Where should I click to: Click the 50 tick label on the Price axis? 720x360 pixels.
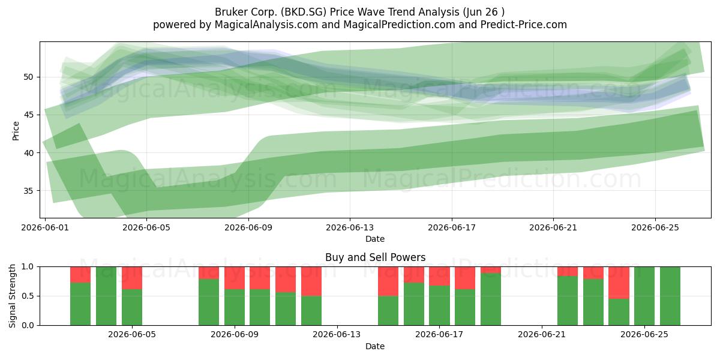[x=28, y=77]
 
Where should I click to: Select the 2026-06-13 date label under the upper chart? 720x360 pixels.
[x=350, y=228]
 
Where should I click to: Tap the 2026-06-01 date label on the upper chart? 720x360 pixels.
[x=45, y=228]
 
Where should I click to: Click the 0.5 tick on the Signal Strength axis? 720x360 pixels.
[x=28, y=296]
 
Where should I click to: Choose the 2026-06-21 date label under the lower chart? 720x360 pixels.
[x=542, y=335]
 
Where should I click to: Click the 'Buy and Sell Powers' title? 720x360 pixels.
[x=375, y=257]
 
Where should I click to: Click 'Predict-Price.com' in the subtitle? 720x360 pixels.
[x=524, y=25]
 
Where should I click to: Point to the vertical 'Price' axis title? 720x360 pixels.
[x=16, y=131]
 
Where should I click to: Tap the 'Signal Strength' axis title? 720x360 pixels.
[x=13, y=296]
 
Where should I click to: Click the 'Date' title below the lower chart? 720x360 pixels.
[x=375, y=346]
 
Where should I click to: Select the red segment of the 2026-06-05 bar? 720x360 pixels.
[x=132, y=278]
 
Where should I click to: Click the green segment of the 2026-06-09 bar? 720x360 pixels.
[x=235, y=307]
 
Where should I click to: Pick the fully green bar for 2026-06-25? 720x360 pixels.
[x=644, y=296]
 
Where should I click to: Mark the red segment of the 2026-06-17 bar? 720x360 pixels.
[x=439, y=276]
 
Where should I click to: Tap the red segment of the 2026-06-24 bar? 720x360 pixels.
[x=619, y=283]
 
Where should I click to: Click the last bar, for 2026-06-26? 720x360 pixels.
[x=670, y=296]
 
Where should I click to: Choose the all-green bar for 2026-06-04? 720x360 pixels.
[x=106, y=296]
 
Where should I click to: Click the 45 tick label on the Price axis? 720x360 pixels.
[x=28, y=115]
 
